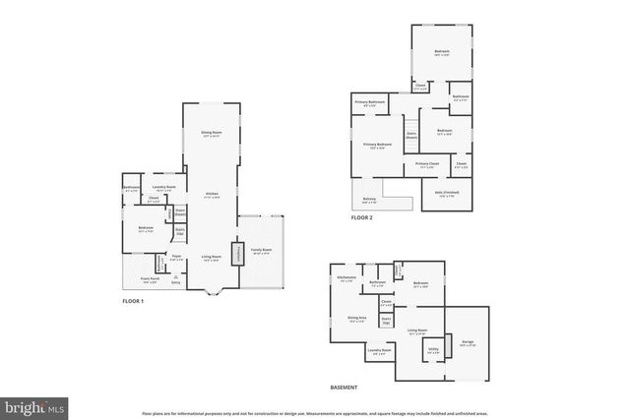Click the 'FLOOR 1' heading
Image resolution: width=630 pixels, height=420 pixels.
[133, 301]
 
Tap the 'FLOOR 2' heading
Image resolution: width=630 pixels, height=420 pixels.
[361, 217]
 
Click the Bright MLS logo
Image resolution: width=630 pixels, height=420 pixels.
[34, 405]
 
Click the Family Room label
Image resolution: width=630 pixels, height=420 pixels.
[262, 251]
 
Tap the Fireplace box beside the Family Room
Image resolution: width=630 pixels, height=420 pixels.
[236, 254]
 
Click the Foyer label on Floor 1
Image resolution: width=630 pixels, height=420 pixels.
[177, 258]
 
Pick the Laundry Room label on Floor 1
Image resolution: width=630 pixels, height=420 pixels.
[164, 188]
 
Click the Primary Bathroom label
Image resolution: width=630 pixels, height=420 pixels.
[369, 103]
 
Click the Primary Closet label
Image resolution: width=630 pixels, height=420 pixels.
[426, 164]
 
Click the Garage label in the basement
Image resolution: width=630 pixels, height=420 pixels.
[468, 342]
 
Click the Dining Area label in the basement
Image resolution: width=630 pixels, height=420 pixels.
[356, 319]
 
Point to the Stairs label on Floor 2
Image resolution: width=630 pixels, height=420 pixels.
[411, 138]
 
